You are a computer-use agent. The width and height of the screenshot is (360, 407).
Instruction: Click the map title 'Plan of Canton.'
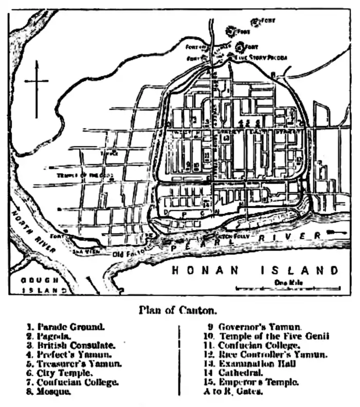tap(178, 310)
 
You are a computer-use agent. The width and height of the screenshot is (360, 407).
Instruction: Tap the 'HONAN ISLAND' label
tap(256, 270)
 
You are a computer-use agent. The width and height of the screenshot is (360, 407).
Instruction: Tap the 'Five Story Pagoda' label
tap(261, 58)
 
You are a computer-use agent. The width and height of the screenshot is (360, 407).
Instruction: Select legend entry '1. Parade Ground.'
tap(66, 326)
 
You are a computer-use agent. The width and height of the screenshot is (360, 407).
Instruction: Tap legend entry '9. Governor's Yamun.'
tap(254, 326)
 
